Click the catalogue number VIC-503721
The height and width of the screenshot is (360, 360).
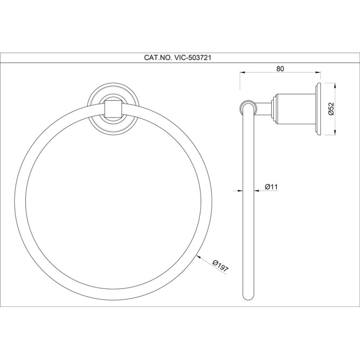pos(193,58)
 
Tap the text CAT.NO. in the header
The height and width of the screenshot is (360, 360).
pos(158,58)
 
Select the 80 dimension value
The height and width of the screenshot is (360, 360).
pos(280,69)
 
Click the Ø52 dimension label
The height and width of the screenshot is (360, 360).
pos(331,108)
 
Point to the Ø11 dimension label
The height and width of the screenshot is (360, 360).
pos(271,187)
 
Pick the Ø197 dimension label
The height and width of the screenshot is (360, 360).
pos(220,266)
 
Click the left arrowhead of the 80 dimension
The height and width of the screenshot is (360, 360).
pos(243,72)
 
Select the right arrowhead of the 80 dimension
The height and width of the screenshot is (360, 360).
pos(318,72)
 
